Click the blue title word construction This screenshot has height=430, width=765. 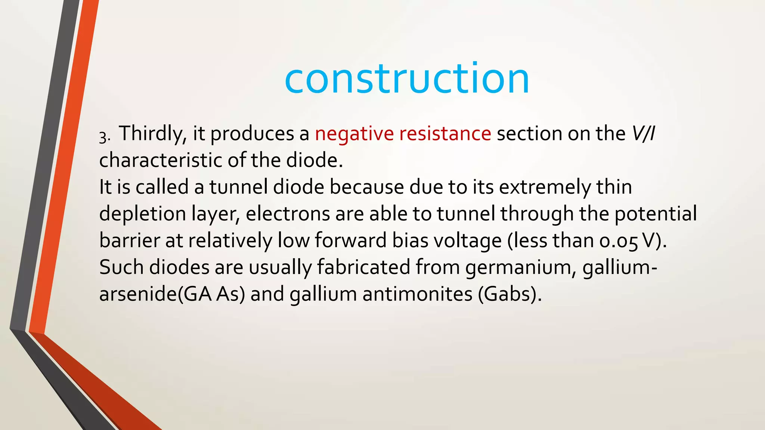tap(406, 78)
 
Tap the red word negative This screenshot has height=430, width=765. tap(354, 134)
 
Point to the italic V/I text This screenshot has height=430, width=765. tap(643, 134)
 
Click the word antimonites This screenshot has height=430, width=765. tap(418, 294)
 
